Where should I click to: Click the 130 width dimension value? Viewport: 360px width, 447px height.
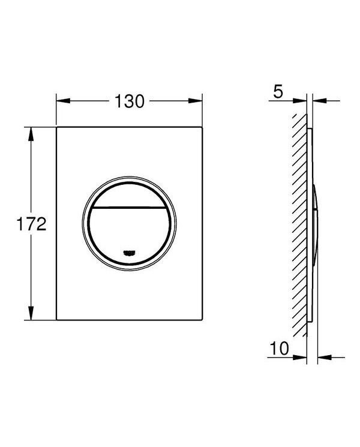coord(130,101)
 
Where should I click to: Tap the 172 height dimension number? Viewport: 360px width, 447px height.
coord(31,224)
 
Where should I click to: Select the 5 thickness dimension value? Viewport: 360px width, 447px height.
coord(278,92)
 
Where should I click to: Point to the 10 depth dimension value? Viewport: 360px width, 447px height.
coord(280,348)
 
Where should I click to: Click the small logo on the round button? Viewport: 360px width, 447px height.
coord(130,252)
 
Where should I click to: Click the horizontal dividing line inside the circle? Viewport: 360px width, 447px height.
coord(130,207)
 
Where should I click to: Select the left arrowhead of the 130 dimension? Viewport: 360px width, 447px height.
coord(63,101)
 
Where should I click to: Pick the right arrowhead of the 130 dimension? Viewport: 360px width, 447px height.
coord(195,101)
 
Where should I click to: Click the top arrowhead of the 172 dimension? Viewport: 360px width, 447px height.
coord(31,134)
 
